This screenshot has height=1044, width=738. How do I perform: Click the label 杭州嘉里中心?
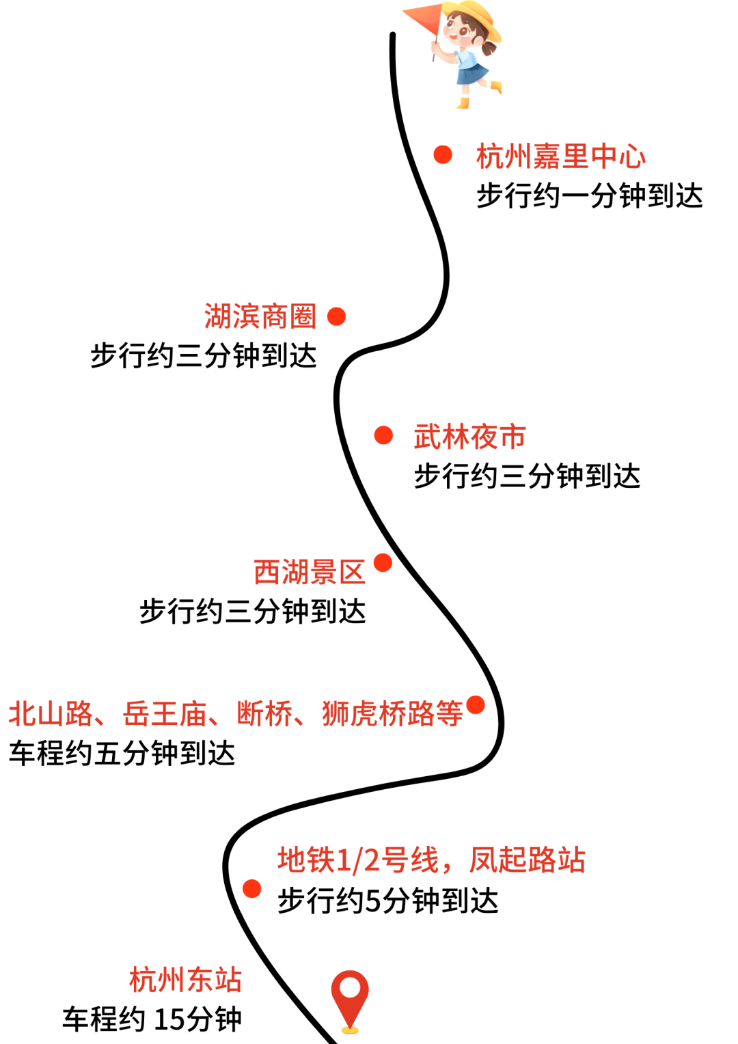560,156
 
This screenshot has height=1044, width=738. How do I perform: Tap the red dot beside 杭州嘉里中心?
443,154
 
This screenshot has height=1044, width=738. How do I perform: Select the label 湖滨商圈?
260,317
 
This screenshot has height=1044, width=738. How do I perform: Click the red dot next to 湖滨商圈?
336,316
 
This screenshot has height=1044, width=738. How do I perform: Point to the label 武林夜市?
469,437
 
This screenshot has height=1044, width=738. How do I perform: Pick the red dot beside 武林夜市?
383,435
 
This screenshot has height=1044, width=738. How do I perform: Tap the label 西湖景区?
310,572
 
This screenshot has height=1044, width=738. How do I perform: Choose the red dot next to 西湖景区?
383,563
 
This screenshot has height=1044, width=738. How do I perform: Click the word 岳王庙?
165,714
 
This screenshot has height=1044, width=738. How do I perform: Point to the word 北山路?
51,714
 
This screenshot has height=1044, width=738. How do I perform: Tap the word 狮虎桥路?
378,714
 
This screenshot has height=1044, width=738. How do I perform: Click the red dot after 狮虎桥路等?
475,704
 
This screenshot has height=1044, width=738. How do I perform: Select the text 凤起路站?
527,860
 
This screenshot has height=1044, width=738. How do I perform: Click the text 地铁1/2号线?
357,860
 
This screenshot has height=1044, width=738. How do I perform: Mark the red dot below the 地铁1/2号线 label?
251,889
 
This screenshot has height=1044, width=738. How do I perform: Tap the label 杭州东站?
185,980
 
